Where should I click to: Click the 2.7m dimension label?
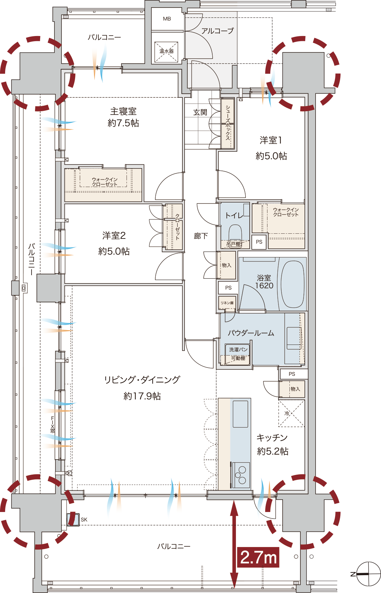click(259, 557)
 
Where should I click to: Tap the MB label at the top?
click(167, 19)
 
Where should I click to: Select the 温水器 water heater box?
click(166, 52)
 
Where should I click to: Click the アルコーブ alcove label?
click(217, 31)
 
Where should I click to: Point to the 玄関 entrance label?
click(200, 112)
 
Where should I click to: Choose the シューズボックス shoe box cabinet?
click(228, 124)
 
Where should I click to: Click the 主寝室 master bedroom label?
click(123, 112)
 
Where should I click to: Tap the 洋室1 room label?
click(271, 140)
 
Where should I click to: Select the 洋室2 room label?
click(114, 235)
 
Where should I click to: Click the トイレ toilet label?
click(234, 215)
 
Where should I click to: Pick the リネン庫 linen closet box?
click(227, 303)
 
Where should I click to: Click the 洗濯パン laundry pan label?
click(238, 349)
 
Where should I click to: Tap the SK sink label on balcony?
click(84, 520)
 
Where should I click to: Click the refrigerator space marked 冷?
click(291, 413)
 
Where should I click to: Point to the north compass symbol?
click(368, 574)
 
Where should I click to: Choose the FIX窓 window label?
click(52, 425)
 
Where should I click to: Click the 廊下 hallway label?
click(201, 236)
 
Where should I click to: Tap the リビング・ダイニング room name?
click(142, 380)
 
